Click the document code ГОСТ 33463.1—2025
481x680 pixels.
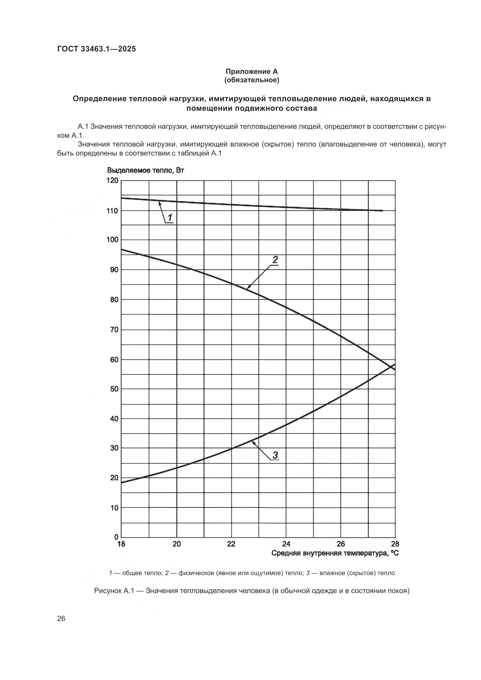(x=97, y=49)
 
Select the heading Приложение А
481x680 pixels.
(x=252, y=72)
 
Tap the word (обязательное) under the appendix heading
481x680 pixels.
(x=252, y=80)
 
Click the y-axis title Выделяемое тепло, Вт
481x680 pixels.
(x=145, y=170)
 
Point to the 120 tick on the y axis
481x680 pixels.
(x=112, y=180)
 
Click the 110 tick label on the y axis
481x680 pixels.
(x=112, y=211)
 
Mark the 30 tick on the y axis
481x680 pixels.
(x=114, y=448)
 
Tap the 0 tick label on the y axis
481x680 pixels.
(x=116, y=537)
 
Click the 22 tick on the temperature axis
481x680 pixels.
(x=231, y=544)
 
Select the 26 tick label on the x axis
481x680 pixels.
(x=341, y=544)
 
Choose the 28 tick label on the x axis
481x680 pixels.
(x=395, y=544)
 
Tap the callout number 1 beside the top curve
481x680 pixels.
(x=170, y=218)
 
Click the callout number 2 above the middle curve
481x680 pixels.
(x=275, y=260)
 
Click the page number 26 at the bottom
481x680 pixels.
(x=61, y=618)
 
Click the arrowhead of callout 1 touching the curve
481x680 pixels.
(x=159, y=201)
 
